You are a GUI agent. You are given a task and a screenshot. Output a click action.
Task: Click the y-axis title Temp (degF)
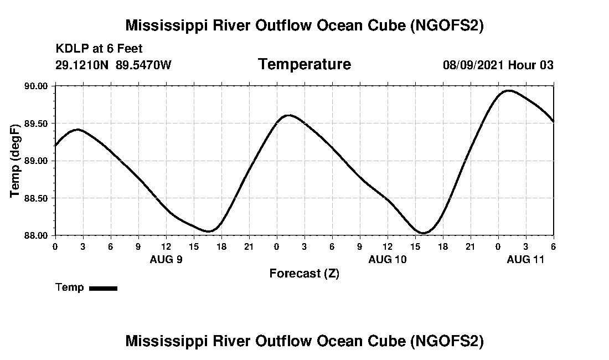point(15,161)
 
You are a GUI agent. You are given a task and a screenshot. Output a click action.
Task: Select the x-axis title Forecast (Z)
point(304,273)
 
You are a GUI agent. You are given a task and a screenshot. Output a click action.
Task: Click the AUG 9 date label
point(166,259)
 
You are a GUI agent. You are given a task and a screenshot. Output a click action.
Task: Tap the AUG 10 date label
point(387,259)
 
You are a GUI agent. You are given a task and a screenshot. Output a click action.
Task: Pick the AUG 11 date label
point(526,259)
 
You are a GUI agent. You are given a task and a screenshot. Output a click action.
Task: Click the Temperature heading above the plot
point(304,64)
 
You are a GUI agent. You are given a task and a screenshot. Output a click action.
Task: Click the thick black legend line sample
point(103,288)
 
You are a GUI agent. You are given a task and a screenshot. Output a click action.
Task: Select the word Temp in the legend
point(70,287)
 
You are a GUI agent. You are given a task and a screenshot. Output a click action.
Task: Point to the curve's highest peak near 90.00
point(509,90)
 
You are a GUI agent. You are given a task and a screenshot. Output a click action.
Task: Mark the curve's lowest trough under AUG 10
point(423,233)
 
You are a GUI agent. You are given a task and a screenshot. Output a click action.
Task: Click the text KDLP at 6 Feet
point(99,49)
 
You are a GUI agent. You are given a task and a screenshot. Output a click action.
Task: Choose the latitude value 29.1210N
point(82,65)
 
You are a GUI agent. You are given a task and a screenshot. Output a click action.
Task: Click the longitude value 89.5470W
point(143,65)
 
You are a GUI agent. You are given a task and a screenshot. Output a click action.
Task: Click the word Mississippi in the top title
point(161,25)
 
